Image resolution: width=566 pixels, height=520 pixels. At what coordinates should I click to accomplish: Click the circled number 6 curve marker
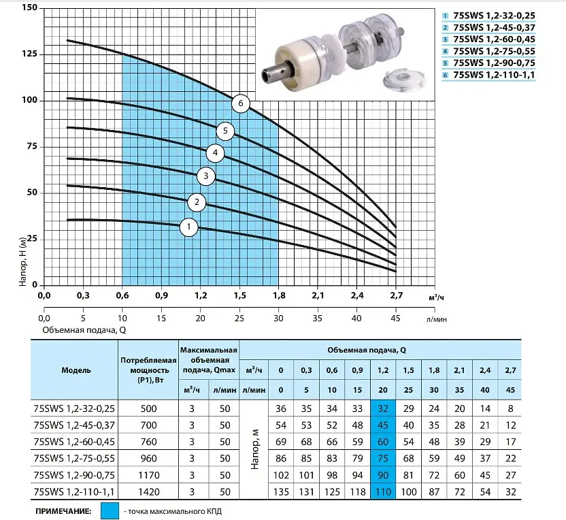coord(241,103)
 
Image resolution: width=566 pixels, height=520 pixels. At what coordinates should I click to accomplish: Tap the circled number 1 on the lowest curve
coord(189,227)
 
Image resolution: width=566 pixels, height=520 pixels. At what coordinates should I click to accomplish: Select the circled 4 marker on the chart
coord(215,152)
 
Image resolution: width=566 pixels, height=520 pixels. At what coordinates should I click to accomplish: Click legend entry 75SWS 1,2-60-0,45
coord(494,39)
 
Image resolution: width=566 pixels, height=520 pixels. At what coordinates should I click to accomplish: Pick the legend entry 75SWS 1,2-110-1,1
coord(494,75)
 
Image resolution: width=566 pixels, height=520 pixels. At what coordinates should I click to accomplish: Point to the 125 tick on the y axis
coord(29,54)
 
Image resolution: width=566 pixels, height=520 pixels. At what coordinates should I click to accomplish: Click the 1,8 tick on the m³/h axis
coord(279,295)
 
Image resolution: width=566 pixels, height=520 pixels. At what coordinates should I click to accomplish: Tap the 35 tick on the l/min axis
coord(317,318)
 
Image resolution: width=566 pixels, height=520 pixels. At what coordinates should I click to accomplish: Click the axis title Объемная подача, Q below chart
coord(84,330)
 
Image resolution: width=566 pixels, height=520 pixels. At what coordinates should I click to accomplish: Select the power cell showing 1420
coord(149,492)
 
